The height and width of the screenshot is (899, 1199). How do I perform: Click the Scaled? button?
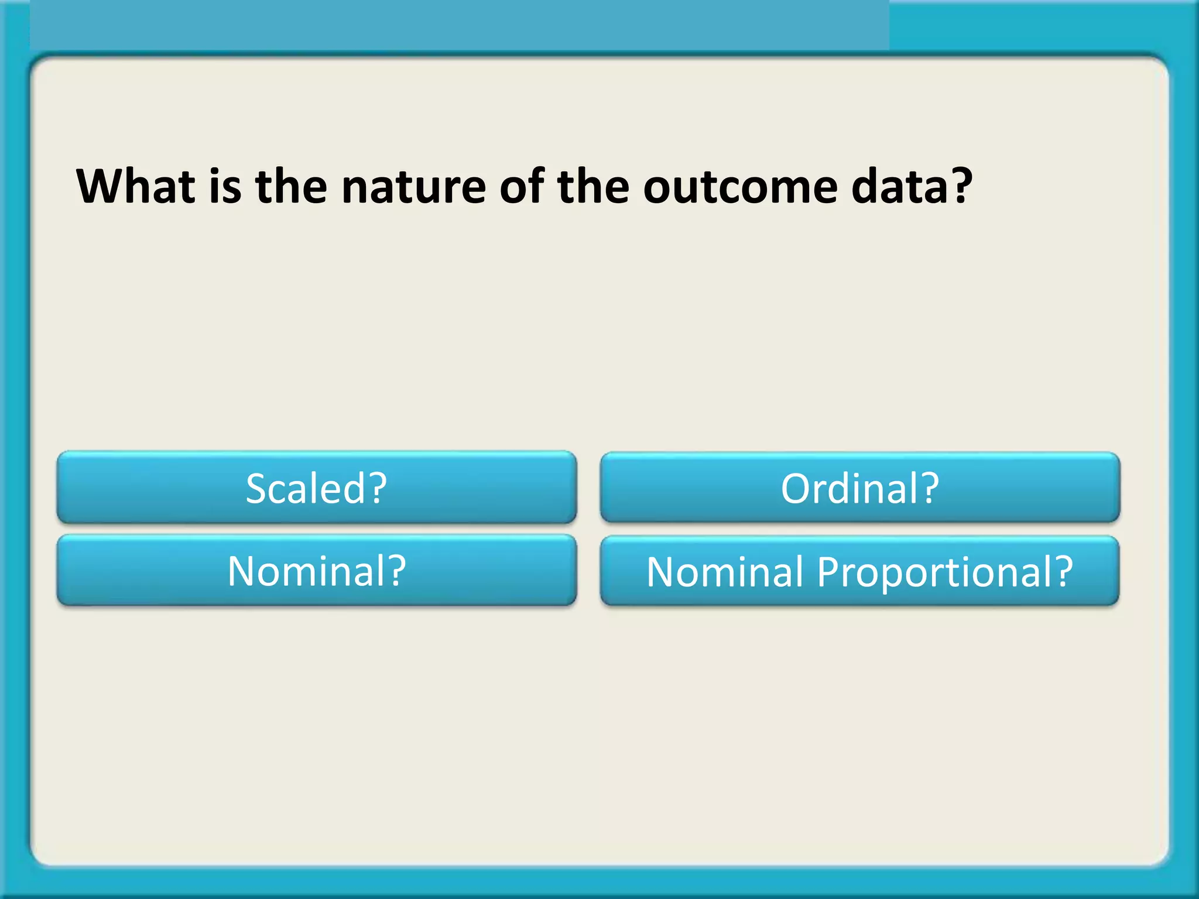click(317, 488)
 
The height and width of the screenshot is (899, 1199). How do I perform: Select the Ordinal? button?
click(859, 488)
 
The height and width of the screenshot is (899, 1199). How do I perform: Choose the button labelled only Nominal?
click(317, 571)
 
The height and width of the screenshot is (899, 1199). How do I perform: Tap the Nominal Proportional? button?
click(859, 571)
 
